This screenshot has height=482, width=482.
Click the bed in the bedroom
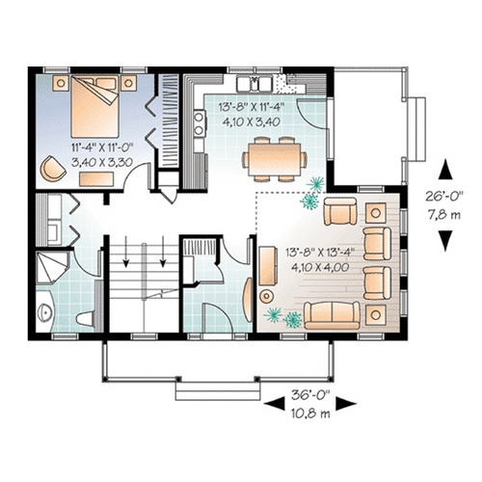coord(95,107)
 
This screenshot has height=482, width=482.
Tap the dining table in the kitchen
coord(275,160)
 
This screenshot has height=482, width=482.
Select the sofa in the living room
coord(332,315)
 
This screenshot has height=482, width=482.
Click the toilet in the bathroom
coord(85,318)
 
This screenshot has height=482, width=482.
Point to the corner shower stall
coord(51,267)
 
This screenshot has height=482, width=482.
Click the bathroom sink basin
coord(44,312)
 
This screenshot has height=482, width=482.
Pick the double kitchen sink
coord(254,83)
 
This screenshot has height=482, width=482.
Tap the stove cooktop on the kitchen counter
coord(200,123)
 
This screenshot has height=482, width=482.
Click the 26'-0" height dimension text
coord(444,197)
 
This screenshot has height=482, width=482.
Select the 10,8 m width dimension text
coord(310,414)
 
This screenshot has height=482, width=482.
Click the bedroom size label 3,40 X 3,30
coord(102,162)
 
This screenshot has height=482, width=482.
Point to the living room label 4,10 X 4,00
coord(320,267)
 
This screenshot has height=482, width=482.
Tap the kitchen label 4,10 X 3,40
coord(252,121)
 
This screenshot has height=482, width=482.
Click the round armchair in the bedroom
coord(52,168)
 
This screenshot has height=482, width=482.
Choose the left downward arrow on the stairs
coord(126,252)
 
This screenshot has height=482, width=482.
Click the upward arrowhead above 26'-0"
coord(445,170)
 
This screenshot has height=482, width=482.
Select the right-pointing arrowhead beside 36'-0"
coord(346,403)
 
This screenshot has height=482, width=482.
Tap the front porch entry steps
coord(218,390)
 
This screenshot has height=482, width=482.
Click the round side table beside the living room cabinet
coord(266,296)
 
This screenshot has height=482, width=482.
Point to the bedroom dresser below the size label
coord(96,179)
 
